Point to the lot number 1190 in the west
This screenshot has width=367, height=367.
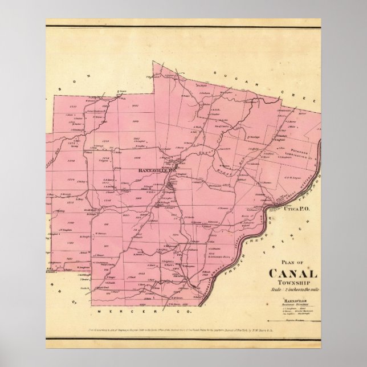click(x=71, y=223)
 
